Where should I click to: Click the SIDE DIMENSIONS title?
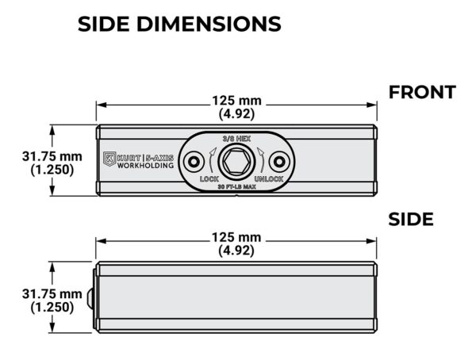(x=179, y=24)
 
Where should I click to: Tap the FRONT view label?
(x=422, y=92)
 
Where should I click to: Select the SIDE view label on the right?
(x=411, y=219)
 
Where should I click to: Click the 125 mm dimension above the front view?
(x=236, y=101)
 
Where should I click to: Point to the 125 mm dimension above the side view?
(x=236, y=237)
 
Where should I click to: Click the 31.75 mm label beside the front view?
(x=52, y=157)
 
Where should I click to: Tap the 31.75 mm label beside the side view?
(x=52, y=294)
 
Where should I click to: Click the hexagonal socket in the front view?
(x=236, y=161)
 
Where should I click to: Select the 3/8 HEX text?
(x=236, y=139)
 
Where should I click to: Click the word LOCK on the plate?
(x=209, y=178)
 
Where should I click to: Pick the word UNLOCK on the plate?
(x=269, y=178)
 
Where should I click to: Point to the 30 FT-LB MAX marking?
(x=236, y=186)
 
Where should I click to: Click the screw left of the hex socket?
(x=194, y=162)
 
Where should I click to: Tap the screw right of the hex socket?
(x=279, y=162)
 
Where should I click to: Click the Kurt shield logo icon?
(x=109, y=159)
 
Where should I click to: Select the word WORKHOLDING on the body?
(x=145, y=166)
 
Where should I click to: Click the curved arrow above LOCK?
(x=211, y=159)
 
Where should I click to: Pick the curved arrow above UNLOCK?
(x=262, y=159)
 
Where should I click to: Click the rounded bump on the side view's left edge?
(x=90, y=298)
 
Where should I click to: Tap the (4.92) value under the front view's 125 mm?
(x=236, y=114)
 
